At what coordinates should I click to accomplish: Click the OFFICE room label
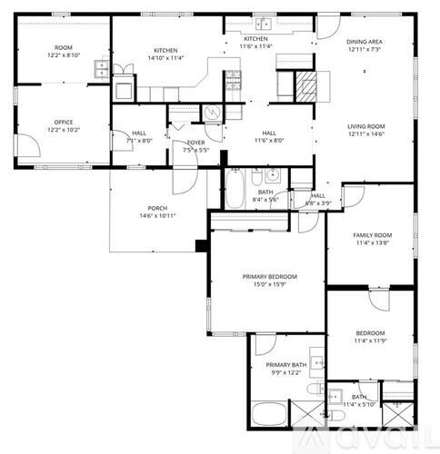tap(63, 122)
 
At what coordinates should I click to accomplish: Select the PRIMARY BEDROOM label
tap(270, 276)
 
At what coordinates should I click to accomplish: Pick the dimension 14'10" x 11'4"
tap(165, 58)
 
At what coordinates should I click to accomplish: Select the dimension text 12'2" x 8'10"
tap(63, 55)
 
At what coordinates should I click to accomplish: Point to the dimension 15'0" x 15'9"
tap(270, 285)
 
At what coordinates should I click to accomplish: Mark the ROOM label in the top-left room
tap(63, 47)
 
